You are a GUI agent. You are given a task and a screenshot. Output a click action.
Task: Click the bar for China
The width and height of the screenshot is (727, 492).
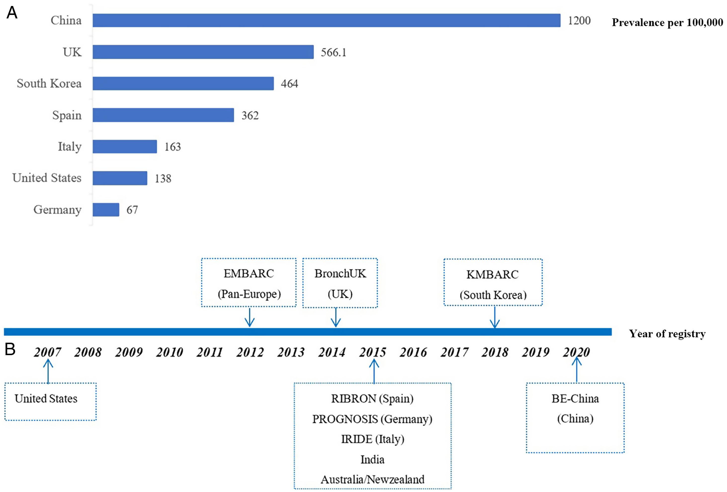click(x=326, y=20)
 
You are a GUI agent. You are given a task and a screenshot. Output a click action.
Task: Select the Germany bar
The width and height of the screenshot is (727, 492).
click(x=106, y=210)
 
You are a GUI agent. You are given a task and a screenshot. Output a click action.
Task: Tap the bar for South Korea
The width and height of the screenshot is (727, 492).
click(x=183, y=83)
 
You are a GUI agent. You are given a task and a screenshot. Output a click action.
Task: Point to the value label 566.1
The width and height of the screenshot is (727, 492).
click(x=334, y=52)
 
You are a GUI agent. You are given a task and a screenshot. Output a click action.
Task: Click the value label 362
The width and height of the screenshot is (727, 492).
click(x=250, y=115)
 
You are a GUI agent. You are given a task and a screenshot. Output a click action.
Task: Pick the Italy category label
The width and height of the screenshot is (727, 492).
click(x=69, y=146)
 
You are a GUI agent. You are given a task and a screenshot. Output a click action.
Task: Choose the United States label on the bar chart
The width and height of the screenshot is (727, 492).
click(x=47, y=178)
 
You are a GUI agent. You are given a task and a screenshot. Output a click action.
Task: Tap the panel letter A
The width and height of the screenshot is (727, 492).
click(x=12, y=13)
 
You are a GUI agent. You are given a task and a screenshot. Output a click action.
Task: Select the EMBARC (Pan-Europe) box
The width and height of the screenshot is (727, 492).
click(x=249, y=283)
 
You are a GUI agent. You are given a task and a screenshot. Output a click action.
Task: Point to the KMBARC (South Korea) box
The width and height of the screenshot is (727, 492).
click(x=493, y=282)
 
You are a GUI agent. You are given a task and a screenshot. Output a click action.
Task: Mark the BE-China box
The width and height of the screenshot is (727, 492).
click(x=575, y=417)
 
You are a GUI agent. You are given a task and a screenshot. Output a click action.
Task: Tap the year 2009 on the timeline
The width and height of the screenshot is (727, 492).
click(x=128, y=352)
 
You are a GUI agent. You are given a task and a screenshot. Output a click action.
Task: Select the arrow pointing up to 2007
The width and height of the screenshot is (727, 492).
click(x=48, y=371)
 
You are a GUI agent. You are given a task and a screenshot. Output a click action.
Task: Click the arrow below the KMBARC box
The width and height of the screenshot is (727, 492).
click(x=495, y=317)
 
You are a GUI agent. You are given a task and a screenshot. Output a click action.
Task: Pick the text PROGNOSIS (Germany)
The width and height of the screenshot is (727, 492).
click(x=372, y=419)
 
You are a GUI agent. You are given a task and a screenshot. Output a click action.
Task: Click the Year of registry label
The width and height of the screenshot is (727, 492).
click(x=667, y=334)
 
